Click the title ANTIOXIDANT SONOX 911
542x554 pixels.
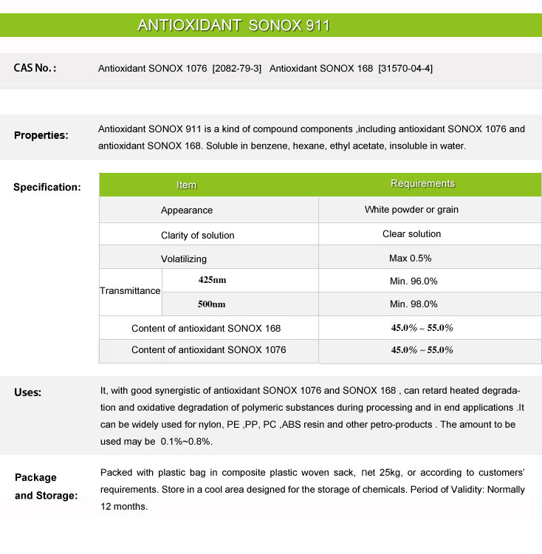coord(233,26)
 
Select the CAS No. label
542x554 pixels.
coord(35,68)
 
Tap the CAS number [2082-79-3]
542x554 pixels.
coord(236,69)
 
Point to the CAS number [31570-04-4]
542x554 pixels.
coord(405,69)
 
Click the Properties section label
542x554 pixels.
coord(41,135)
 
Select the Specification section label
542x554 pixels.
coord(47,187)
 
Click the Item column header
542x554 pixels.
coord(187,185)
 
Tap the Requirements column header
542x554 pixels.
coord(422,184)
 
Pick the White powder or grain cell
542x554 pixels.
coord(411,210)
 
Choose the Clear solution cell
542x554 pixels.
coord(411,234)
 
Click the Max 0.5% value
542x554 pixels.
coord(410,259)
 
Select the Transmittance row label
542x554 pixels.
coord(130,291)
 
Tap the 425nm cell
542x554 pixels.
coord(212,280)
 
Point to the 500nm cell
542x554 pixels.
coord(212,304)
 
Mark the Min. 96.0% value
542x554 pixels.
coord(414,281)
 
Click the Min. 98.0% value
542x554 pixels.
coord(414,304)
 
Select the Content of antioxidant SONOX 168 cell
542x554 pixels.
coord(206,328)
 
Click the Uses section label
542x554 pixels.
coord(28,392)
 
